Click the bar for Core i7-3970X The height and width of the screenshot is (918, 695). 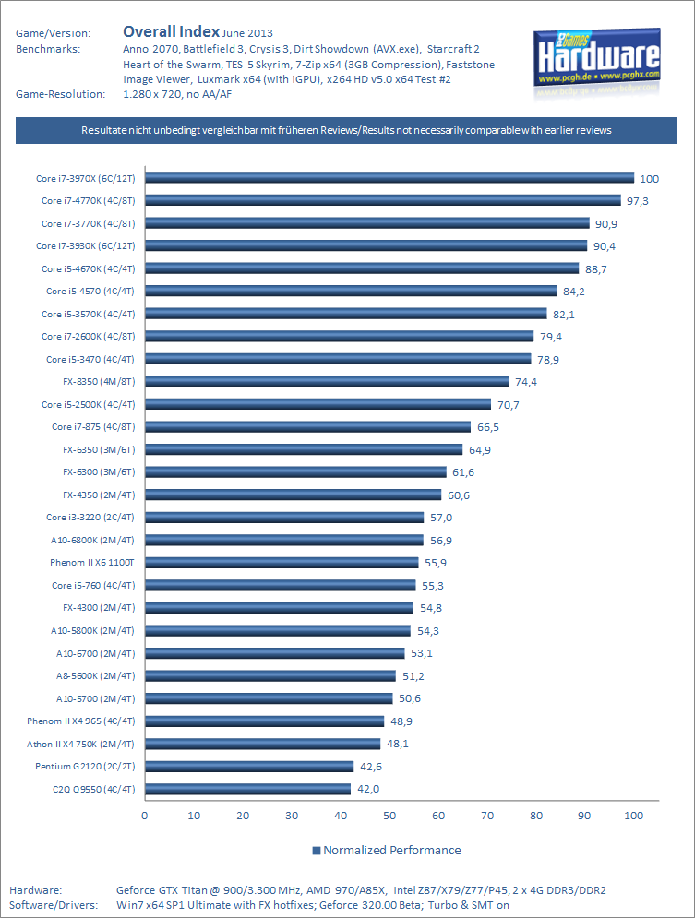coord(389,178)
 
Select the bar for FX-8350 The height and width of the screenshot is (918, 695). coord(327,381)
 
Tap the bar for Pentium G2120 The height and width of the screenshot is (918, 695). coord(249,766)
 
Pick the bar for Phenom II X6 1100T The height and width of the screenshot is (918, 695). coord(282,562)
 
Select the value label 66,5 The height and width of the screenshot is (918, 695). coord(491,426)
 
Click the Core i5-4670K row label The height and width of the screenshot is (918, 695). coord(89,268)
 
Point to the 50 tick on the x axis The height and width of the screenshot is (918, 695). coord(389,816)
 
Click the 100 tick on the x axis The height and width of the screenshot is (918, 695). coord(634,816)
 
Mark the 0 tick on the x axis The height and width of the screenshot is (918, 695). coord(145,816)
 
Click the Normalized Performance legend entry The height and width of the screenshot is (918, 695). coord(387,850)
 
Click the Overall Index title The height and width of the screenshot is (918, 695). coord(171,33)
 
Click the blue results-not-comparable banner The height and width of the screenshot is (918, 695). coord(346,131)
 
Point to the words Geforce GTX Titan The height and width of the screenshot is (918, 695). coord(164,890)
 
